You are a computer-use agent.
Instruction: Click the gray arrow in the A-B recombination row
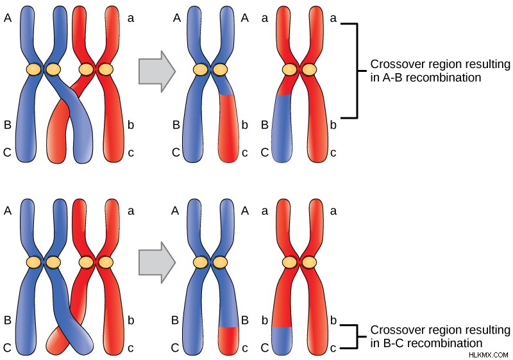(x=157, y=71)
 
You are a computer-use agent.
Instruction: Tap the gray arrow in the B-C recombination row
(x=157, y=262)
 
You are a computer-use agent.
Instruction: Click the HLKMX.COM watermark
(x=488, y=355)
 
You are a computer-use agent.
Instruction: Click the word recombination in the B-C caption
(x=445, y=343)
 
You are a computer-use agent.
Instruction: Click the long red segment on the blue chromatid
(x=229, y=128)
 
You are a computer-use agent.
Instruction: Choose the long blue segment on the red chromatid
(x=282, y=128)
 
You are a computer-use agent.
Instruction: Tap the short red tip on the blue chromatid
(x=229, y=341)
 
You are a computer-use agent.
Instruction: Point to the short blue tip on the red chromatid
(x=282, y=341)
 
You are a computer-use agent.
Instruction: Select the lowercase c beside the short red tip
(x=245, y=348)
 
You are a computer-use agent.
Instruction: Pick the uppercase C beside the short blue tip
(x=265, y=348)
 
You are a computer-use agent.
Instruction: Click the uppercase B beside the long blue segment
(x=265, y=124)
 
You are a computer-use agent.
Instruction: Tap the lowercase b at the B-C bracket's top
(x=333, y=320)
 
